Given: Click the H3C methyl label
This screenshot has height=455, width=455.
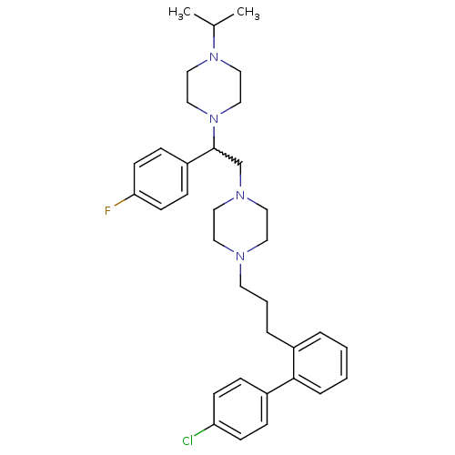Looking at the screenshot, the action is pyautogui.click(x=179, y=13).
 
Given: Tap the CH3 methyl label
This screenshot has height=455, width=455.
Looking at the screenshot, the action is pyautogui.click(x=248, y=13).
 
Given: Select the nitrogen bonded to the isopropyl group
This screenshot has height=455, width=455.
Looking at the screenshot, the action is pyautogui.click(x=214, y=56).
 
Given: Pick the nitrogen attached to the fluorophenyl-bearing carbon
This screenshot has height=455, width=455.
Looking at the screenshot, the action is pyautogui.click(x=214, y=118).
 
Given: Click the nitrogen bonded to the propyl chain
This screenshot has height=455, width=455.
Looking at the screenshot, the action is pyautogui.click(x=240, y=257).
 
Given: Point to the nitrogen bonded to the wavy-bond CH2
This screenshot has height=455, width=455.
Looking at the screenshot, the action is pyautogui.click(x=240, y=195).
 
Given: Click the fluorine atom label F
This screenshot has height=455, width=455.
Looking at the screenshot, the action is pyautogui.click(x=107, y=210).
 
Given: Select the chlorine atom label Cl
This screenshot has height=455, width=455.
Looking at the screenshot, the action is pyautogui.click(x=187, y=440).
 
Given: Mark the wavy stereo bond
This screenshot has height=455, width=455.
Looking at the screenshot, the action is pyautogui.click(x=227, y=157).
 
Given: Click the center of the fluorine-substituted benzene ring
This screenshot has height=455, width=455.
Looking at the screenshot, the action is pyautogui.click(x=161, y=179).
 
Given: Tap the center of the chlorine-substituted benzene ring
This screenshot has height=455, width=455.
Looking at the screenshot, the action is pyautogui.click(x=240, y=409).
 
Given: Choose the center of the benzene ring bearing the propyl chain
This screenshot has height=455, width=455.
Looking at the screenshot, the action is pyautogui.click(x=320, y=363).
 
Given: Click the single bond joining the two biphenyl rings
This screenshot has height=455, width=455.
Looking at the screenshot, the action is pyautogui.click(x=280, y=386).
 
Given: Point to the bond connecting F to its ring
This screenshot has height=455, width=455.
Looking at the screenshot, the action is pyautogui.click(x=124, y=200).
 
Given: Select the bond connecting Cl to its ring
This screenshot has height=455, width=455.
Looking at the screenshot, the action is pyautogui.click(x=204, y=430).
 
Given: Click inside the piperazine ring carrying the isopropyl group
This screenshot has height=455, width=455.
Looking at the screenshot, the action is pyautogui.click(x=214, y=87).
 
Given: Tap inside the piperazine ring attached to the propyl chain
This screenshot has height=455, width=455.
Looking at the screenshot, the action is pyautogui.click(x=240, y=226).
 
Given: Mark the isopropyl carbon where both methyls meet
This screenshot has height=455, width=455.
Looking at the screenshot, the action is pyautogui.click(x=214, y=25).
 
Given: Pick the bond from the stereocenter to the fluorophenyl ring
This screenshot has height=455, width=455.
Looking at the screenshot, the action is pyautogui.click(x=201, y=156).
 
